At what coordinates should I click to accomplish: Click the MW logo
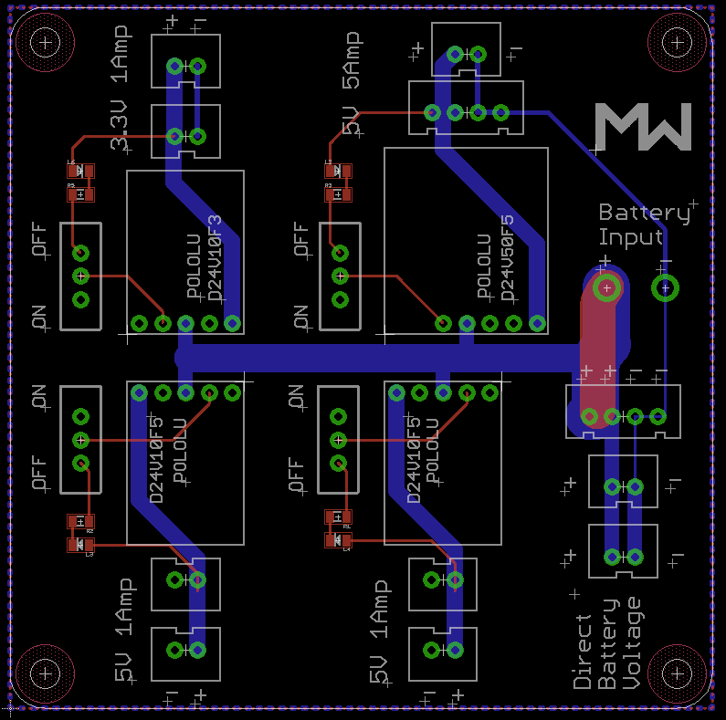pos(643,127)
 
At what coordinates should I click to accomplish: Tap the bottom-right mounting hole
pos(678,674)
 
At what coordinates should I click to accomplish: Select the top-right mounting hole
pos(678,42)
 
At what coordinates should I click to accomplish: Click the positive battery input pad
pos(605,288)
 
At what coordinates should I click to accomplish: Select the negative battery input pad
pos(665,288)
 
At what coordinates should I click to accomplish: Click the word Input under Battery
pos(629,237)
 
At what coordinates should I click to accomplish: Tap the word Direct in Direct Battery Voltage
pos(583,651)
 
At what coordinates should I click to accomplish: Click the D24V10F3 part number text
pos(216,258)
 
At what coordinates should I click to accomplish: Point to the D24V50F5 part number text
pos(507,258)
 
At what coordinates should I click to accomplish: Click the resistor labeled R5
pos(80,193)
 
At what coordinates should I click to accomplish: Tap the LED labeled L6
pos(80,171)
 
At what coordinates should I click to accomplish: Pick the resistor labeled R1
pos(338,517)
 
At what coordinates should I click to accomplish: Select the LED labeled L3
pos(80,545)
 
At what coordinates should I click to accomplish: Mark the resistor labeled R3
pos(338,193)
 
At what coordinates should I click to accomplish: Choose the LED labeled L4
pos(338,540)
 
